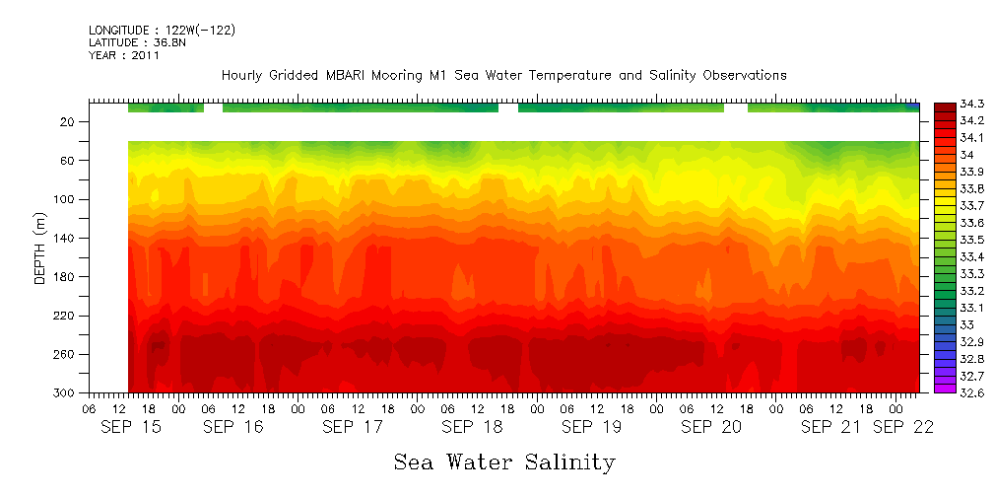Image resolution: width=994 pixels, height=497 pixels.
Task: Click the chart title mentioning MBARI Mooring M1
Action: (503, 75)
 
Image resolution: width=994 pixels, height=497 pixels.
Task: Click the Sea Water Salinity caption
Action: (504, 461)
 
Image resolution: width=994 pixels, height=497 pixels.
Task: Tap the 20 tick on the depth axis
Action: (68, 121)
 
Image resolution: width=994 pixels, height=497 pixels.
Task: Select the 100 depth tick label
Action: (65, 199)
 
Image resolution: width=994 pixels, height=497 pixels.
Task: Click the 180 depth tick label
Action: (65, 277)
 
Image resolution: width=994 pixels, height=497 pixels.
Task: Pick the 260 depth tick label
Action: (65, 354)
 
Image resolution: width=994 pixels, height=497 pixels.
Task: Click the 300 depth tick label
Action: (65, 392)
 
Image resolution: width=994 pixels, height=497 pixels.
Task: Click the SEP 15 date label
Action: (132, 427)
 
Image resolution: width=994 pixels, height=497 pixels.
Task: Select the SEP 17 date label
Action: (353, 427)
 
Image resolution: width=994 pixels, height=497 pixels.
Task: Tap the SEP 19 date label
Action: (591, 427)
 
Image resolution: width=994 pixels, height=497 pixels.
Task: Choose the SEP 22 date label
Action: (903, 427)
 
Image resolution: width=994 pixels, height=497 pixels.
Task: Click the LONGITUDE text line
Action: (162, 31)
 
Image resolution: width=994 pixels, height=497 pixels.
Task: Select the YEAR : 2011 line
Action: (124, 56)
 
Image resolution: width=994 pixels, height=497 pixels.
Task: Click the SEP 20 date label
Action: (710, 427)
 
